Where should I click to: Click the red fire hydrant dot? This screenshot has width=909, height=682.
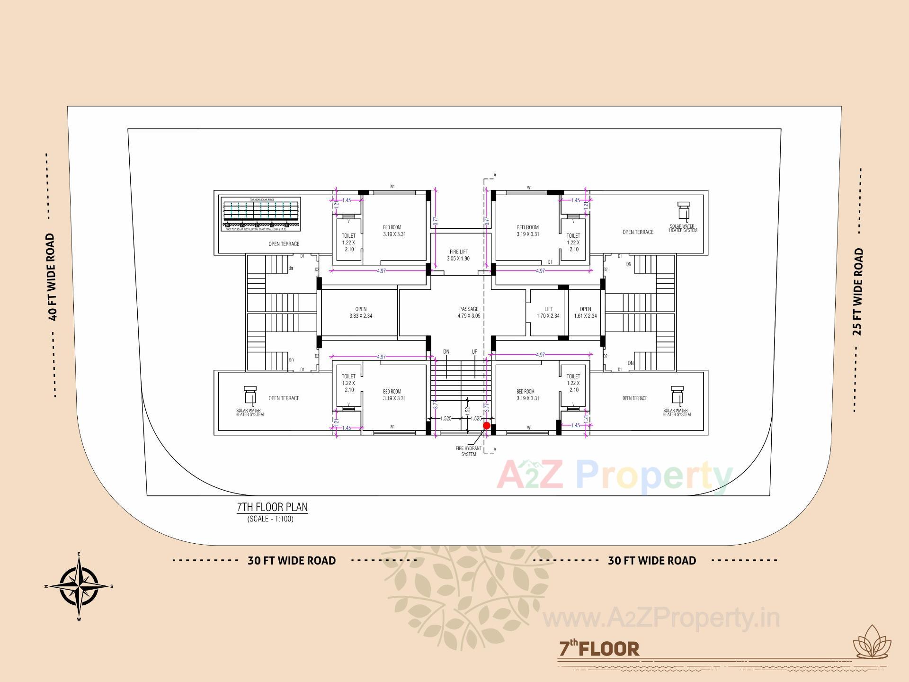point(487,426)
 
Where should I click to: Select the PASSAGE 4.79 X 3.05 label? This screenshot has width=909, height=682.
point(469,312)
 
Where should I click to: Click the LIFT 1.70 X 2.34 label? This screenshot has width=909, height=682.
point(548,312)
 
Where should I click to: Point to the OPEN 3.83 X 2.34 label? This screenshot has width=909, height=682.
point(361,312)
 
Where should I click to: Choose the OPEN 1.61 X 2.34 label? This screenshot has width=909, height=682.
point(585,312)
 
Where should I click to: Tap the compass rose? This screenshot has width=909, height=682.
point(79,586)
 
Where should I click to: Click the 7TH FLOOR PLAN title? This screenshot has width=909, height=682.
point(272,507)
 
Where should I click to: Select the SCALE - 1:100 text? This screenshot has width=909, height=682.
point(270,519)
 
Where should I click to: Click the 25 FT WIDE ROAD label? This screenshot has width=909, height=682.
point(858,292)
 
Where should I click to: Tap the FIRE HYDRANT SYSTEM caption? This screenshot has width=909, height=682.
point(469,451)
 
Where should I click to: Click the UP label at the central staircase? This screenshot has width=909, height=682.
point(474,352)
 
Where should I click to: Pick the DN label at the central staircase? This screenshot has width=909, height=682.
point(446,352)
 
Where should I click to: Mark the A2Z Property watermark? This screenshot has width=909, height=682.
point(615,476)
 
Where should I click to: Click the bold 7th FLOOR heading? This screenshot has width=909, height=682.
point(599,648)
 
